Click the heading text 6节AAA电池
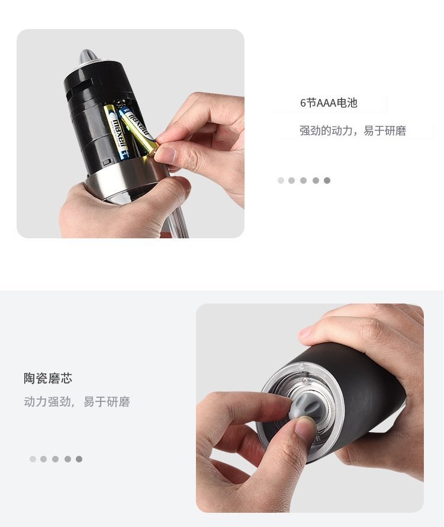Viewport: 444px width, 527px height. point(329,103)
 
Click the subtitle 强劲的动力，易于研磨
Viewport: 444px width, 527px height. point(353,130)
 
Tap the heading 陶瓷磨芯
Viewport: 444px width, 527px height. point(48,378)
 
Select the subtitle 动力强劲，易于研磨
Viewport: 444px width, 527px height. point(77,402)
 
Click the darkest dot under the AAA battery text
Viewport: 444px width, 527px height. point(327,180)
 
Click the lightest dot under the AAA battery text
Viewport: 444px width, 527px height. point(281,180)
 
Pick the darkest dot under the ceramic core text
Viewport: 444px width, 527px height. point(79,459)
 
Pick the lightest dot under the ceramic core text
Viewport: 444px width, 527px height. point(33,459)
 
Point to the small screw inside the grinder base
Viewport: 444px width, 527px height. point(305,380)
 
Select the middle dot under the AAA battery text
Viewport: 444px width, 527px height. point(303,180)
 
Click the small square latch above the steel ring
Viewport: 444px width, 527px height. point(107,162)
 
